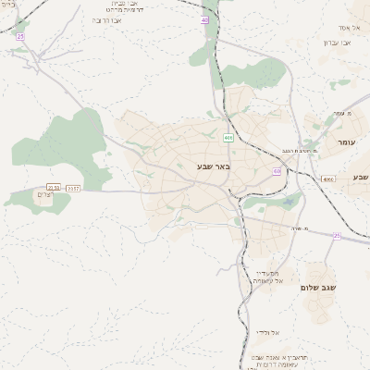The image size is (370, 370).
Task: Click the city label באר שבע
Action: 213,166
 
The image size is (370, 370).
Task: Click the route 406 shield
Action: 228,138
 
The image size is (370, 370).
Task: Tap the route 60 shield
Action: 277,171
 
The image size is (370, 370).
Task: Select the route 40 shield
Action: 204,19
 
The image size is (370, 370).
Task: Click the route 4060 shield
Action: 328,179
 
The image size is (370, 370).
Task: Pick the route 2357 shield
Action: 73,188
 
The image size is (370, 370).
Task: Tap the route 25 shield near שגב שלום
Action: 337,236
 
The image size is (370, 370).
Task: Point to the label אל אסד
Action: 348,29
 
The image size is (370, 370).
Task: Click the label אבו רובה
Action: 109,19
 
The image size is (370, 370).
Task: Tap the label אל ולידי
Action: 268,332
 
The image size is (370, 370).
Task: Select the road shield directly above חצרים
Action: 54,188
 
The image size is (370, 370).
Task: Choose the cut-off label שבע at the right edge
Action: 360,176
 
